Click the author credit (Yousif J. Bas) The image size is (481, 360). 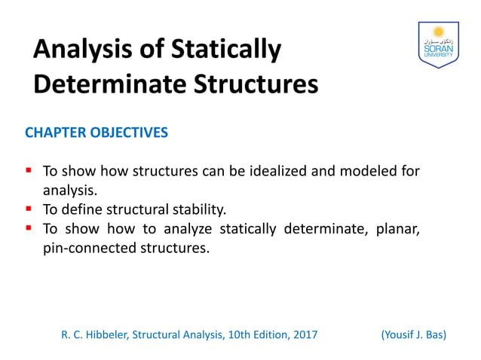(x=414, y=334)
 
